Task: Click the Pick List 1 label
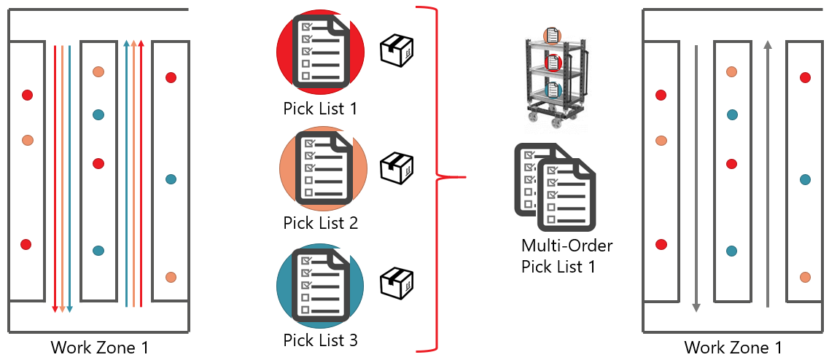point(320,109)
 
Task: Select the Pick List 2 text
point(320,223)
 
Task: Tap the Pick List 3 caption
point(320,339)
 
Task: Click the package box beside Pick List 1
point(397,50)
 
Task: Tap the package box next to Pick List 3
point(397,283)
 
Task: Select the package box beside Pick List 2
point(397,168)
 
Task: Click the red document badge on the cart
point(554,61)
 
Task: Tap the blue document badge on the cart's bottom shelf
point(554,90)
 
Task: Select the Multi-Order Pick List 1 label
point(567,256)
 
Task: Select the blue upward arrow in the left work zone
point(127,175)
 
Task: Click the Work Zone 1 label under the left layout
point(99,348)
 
